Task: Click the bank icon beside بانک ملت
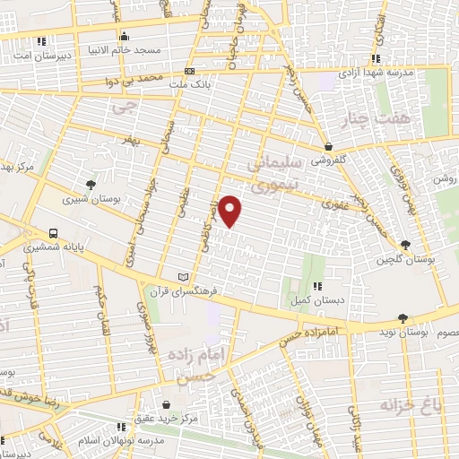pyautogui.click(x=188, y=72)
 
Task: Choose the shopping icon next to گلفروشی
pyautogui.click(x=329, y=146)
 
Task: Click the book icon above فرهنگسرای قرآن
pyautogui.click(x=184, y=277)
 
